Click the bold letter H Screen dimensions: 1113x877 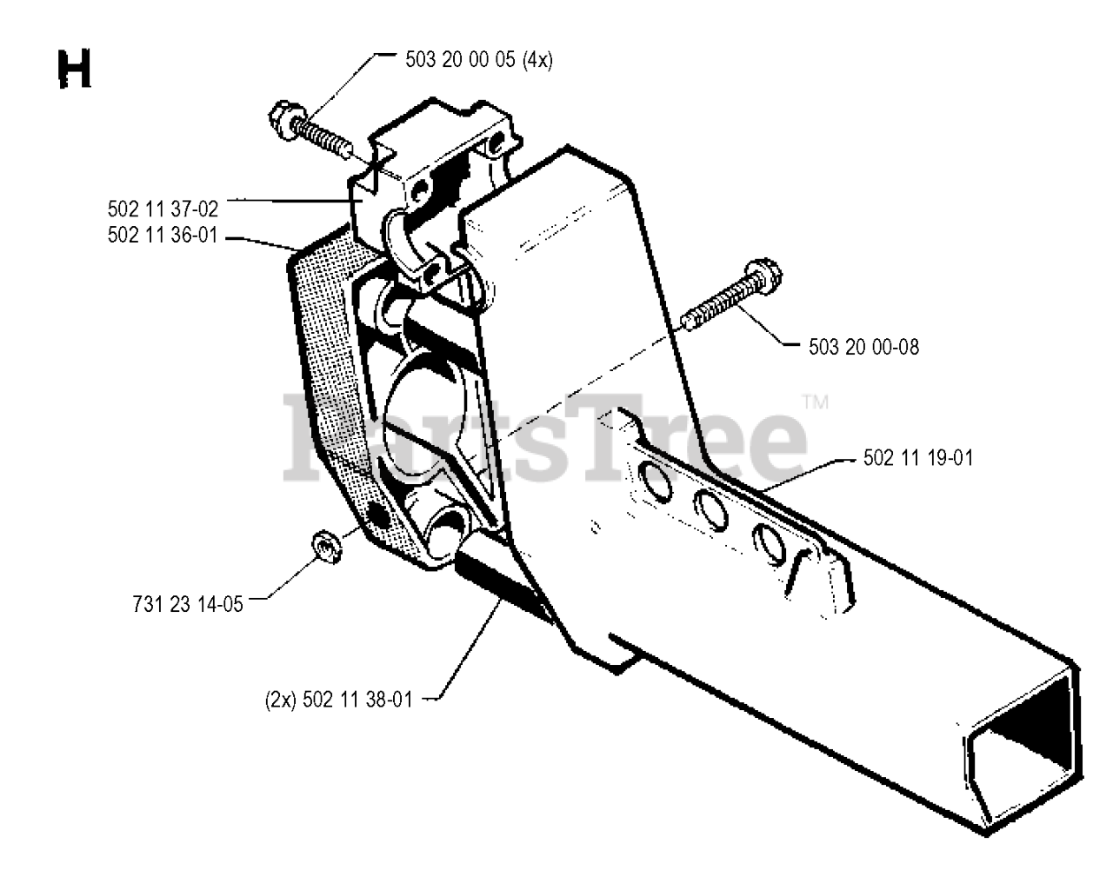pos(75,70)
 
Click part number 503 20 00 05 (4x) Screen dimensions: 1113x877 pos(479,60)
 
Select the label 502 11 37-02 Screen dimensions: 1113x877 pos(163,209)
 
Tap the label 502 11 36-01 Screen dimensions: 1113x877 pos(163,235)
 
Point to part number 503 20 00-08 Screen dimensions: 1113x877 pos(851,347)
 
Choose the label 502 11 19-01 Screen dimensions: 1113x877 pos(918,458)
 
